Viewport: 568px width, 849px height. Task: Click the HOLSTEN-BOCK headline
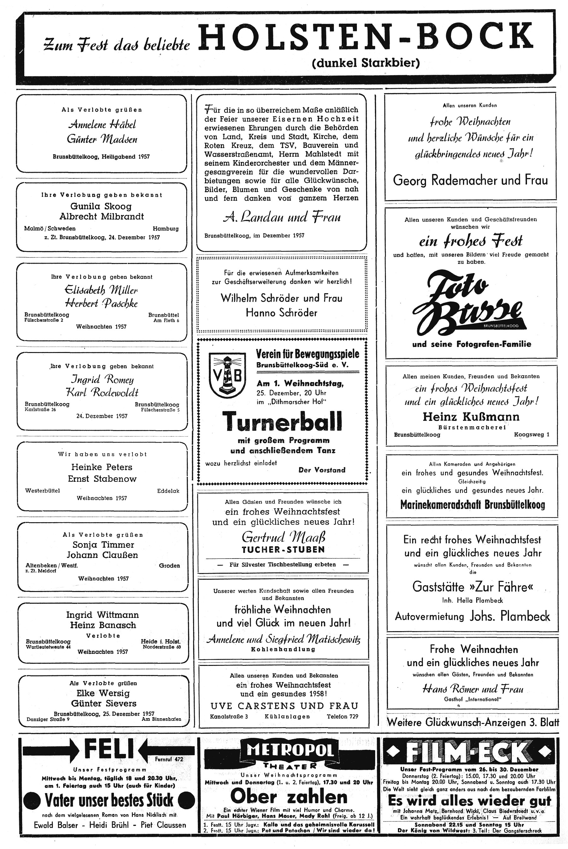(366, 37)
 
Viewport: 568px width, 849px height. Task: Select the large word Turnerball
(282, 422)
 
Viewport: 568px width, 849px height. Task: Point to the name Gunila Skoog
(101, 206)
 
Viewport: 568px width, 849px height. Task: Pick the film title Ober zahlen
(289, 797)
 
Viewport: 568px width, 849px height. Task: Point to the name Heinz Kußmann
(471, 417)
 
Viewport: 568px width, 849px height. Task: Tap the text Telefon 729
(342, 716)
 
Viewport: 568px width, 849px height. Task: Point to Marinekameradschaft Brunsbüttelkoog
(472, 505)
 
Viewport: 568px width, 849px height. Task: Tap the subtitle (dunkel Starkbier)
(365, 63)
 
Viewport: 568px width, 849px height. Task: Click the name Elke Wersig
(103, 693)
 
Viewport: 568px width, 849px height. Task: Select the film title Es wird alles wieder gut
(470, 800)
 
